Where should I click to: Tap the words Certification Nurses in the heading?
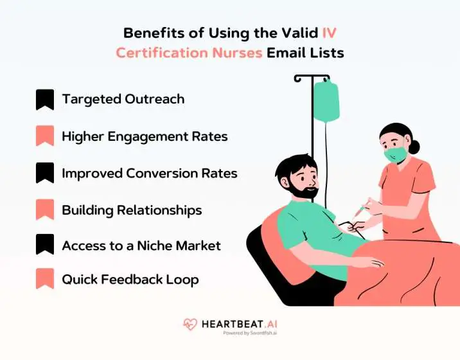pyautogui.click(x=189, y=53)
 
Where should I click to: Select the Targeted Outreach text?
pyautogui.click(x=123, y=99)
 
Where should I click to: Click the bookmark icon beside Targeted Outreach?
pyautogui.click(x=44, y=100)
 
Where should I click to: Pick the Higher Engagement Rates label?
pyautogui.click(x=145, y=136)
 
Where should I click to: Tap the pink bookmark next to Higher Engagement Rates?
pyautogui.click(x=44, y=137)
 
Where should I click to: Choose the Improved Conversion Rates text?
pyautogui.click(x=149, y=174)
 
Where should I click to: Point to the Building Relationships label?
pyautogui.click(x=131, y=210)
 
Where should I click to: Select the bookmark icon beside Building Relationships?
pyautogui.click(x=44, y=210)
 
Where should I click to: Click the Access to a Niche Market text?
pyautogui.click(x=141, y=246)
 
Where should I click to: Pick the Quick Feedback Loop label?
pyautogui.click(x=130, y=280)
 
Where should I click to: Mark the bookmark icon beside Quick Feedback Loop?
pyautogui.click(x=44, y=280)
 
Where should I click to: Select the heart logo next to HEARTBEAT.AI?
pyautogui.click(x=190, y=325)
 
